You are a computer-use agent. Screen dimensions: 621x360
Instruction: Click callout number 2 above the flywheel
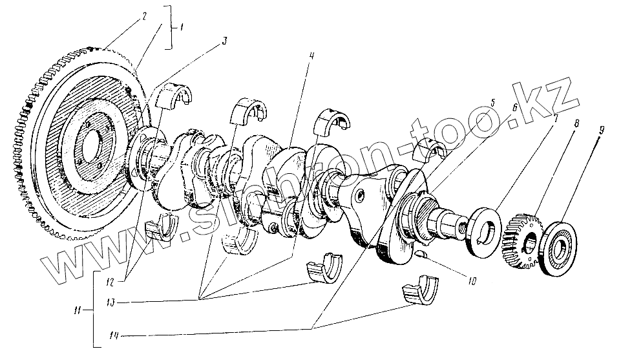[144, 16]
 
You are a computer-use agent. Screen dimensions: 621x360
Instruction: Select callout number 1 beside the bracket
[180, 28]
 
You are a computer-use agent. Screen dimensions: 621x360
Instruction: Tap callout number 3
[224, 41]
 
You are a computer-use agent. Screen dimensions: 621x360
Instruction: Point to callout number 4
[311, 56]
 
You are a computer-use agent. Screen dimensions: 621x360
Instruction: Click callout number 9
[602, 131]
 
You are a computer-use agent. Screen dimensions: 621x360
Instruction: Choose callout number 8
[576, 123]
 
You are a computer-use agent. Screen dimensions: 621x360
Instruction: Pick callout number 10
[471, 281]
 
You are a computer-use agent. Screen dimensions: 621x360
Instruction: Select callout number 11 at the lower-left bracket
[78, 311]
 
